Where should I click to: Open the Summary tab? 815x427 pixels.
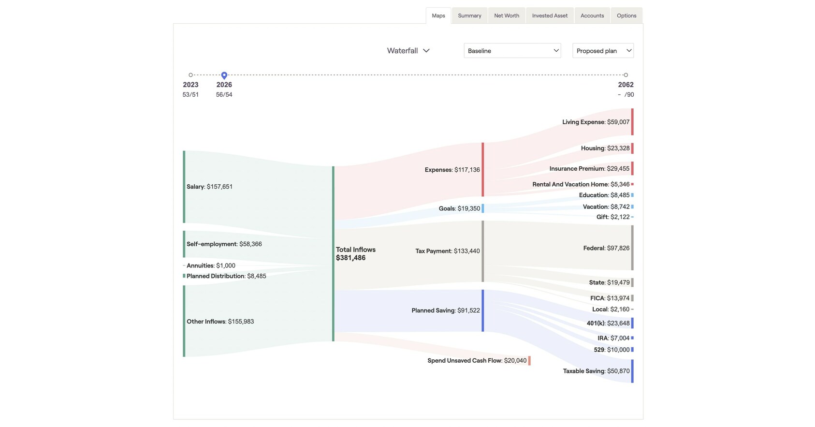click(469, 15)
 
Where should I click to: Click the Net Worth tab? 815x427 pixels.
click(506, 15)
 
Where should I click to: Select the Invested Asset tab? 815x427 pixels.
click(550, 15)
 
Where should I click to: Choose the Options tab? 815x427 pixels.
click(626, 15)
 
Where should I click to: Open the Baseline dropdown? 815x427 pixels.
click(512, 51)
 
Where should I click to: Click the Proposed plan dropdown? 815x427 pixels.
click(603, 51)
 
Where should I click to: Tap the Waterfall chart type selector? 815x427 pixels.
click(408, 51)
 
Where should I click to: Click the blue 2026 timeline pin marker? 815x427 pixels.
click(224, 75)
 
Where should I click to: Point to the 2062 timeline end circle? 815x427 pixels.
click(626, 75)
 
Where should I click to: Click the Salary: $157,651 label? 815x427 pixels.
click(209, 187)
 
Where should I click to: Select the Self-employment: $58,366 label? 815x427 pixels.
click(224, 244)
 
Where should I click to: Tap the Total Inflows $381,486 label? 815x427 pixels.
click(355, 253)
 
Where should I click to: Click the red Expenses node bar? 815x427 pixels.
click(482, 169)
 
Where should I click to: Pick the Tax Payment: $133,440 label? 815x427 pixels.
click(447, 251)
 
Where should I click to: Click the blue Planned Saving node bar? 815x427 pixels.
click(482, 310)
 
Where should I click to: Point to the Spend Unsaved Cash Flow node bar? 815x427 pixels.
click(529, 361)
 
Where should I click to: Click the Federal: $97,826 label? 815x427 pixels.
click(606, 248)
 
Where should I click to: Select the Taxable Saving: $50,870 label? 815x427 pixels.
click(596, 371)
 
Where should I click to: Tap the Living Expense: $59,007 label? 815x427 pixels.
click(596, 122)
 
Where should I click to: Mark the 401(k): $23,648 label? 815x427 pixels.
click(608, 323)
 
